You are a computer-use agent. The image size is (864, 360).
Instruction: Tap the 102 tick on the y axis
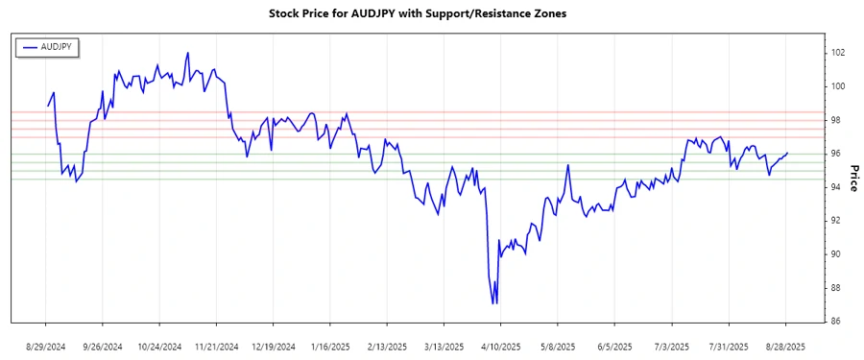click(837, 53)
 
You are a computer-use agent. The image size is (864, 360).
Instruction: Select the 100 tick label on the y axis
click(837, 86)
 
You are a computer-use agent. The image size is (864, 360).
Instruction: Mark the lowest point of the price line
click(493, 303)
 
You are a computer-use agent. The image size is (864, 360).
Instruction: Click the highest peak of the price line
click(188, 53)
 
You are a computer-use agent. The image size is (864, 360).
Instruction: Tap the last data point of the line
click(787, 153)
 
